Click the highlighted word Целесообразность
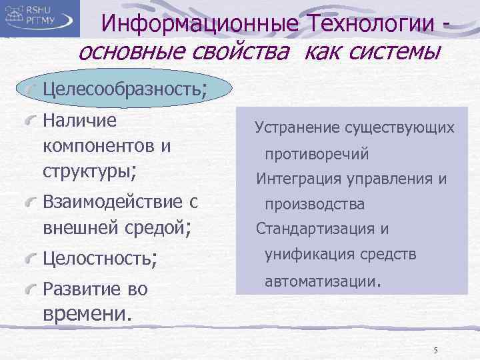123,89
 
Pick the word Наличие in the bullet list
79,121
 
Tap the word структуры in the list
87,169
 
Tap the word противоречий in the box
317,155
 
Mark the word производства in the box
315,204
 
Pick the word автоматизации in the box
321,281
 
